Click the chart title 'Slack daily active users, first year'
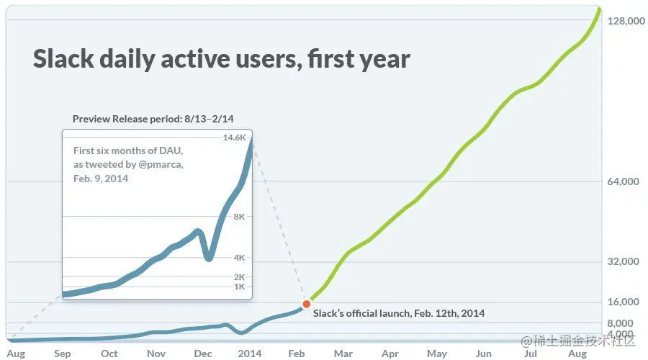click(221, 58)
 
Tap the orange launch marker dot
click(307, 305)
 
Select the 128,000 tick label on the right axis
click(625, 22)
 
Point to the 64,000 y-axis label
click(624, 181)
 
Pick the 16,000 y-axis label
click(624, 302)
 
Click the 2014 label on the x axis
click(250, 354)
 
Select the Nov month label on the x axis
click(156, 354)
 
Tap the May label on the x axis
click(437, 354)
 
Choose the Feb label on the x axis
click(297, 354)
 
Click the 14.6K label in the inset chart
click(235, 138)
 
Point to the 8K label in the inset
click(240, 216)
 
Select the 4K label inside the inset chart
click(240, 257)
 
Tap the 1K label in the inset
click(240, 287)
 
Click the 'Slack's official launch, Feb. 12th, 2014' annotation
click(399, 313)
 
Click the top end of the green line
click(600, 8)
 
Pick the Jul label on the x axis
click(531, 354)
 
